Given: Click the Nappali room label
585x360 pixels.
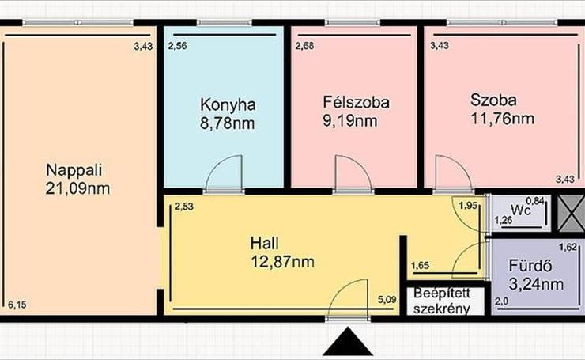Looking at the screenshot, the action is pyautogui.click(x=74, y=170).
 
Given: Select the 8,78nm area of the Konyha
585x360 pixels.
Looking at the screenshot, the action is pyautogui.click(x=228, y=123).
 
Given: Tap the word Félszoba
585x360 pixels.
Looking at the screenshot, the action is pyautogui.click(x=357, y=102).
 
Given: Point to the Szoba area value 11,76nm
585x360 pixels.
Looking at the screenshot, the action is pyautogui.click(x=502, y=119).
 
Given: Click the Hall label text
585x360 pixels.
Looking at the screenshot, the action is pyautogui.click(x=265, y=244).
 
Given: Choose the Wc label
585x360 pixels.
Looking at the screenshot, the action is pyautogui.click(x=521, y=210).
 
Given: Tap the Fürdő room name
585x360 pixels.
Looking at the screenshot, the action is pyautogui.click(x=530, y=266).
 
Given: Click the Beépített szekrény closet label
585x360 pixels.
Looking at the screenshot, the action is pyautogui.click(x=442, y=301).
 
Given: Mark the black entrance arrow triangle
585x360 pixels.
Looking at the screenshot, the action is pyautogui.click(x=348, y=341).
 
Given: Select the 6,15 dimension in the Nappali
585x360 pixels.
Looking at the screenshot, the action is pyautogui.click(x=17, y=305).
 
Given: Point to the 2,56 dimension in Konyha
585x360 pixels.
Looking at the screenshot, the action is pyautogui.click(x=178, y=46).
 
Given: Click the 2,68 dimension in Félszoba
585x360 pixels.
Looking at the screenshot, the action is pyautogui.click(x=305, y=46).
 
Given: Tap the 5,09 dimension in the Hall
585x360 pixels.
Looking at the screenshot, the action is pyautogui.click(x=387, y=299).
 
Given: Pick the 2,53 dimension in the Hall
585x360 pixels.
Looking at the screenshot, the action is pyautogui.click(x=184, y=207).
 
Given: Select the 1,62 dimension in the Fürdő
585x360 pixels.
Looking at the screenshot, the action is pyautogui.click(x=568, y=247).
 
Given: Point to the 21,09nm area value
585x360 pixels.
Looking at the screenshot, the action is pyautogui.click(x=77, y=188).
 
